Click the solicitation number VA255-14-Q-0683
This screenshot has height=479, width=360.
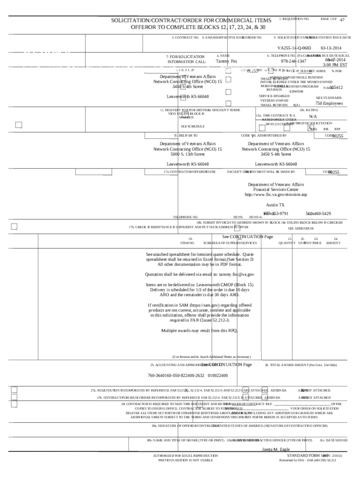click(294, 48)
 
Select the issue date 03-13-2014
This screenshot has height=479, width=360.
click(331, 48)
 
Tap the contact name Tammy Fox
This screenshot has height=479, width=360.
click(226, 61)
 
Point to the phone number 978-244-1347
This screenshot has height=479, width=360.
click(294, 61)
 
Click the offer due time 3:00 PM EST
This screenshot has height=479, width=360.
click(335, 65)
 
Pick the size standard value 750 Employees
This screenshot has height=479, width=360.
click(329, 103)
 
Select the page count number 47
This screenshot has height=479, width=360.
click(342, 20)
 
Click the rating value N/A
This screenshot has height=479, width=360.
click(313, 116)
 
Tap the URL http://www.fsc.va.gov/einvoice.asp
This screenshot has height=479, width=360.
click(276, 195)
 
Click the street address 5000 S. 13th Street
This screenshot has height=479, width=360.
click(187, 154)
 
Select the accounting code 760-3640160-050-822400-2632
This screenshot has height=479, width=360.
click(176, 376)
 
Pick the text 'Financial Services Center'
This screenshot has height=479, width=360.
click(276, 189)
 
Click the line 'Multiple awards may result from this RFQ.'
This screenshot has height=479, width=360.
click(200, 331)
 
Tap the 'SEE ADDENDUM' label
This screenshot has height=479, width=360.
click(301, 228)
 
